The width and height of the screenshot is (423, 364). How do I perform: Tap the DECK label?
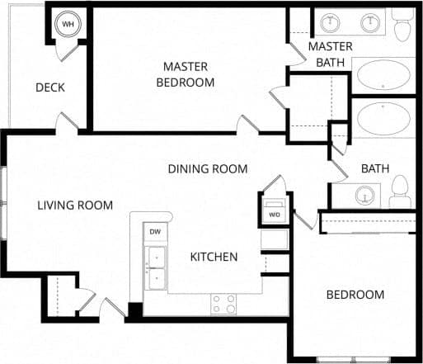pyautogui.click(x=49, y=87)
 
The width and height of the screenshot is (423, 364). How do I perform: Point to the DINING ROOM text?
pyautogui.click(x=208, y=169)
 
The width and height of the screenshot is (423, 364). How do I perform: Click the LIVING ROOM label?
pyautogui.click(x=75, y=206)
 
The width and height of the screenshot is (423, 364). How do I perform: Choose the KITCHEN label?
pyautogui.click(x=214, y=257)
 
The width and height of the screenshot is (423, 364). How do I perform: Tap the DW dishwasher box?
pyautogui.click(x=154, y=233)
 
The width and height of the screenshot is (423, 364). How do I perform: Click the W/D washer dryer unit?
pyautogui.click(x=274, y=210)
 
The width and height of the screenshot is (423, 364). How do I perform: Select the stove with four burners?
pyautogui.click(x=223, y=304)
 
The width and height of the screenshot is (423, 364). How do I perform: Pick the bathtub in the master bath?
pyautogui.click(x=384, y=75)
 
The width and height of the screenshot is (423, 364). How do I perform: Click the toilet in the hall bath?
pyautogui.click(x=400, y=191)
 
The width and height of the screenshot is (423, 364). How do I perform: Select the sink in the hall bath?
pyautogui.click(x=364, y=196)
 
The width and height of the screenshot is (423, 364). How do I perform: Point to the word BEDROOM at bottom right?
pyautogui.click(x=355, y=295)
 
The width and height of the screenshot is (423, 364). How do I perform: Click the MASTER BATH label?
pyautogui.click(x=331, y=54)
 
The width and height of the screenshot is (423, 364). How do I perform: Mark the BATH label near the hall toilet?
pyautogui.click(x=375, y=169)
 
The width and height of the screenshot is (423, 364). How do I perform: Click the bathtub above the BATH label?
pyautogui.click(x=384, y=119)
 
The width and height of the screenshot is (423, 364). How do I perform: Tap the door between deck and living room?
pyautogui.click(x=68, y=124)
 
